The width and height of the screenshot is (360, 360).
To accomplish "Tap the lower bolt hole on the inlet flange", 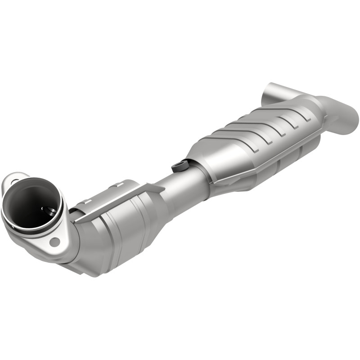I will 55,242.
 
